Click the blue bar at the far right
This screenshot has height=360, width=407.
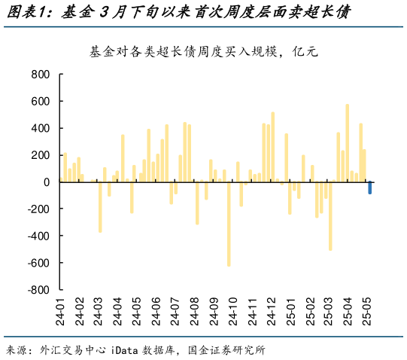coord(369,188)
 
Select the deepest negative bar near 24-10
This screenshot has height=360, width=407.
coord(229,224)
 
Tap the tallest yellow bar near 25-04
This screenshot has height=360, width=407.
coord(347,143)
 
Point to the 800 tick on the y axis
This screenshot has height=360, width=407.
coord(40,75)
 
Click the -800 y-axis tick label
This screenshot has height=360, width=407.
coord(38,290)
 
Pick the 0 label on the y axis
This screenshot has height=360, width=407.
coord(45,182)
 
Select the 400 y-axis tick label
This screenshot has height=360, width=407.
coord(40,128)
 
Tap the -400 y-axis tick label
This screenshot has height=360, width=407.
coord(38,236)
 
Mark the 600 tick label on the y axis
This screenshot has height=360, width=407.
coord(40,101)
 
